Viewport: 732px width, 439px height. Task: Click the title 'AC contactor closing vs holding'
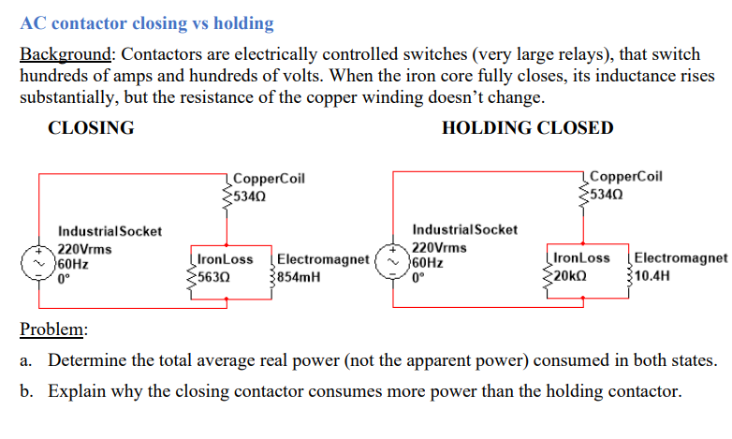[x=147, y=23]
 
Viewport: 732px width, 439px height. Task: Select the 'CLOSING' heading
[x=91, y=128]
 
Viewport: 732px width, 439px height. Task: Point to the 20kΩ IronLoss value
[x=570, y=276]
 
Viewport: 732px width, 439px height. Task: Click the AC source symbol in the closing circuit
[x=38, y=265]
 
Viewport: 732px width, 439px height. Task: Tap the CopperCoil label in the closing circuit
[x=268, y=178]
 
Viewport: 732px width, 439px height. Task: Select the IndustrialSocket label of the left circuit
[x=110, y=230]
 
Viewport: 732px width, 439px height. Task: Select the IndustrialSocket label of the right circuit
[x=464, y=229]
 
